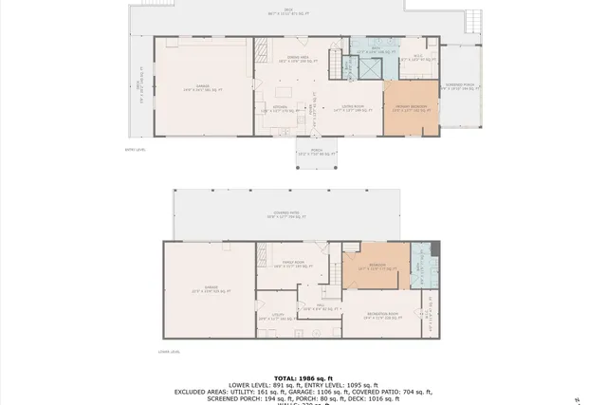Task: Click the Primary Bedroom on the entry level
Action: (x=411, y=108)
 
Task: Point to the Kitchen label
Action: (x=280, y=109)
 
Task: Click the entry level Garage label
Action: (x=202, y=88)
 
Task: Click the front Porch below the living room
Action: (x=316, y=152)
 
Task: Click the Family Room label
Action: (x=292, y=265)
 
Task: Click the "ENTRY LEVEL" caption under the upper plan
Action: (x=136, y=150)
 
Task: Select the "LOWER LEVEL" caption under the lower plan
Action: (x=170, y=352)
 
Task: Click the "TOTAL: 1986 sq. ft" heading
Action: (x=303, y=377)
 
